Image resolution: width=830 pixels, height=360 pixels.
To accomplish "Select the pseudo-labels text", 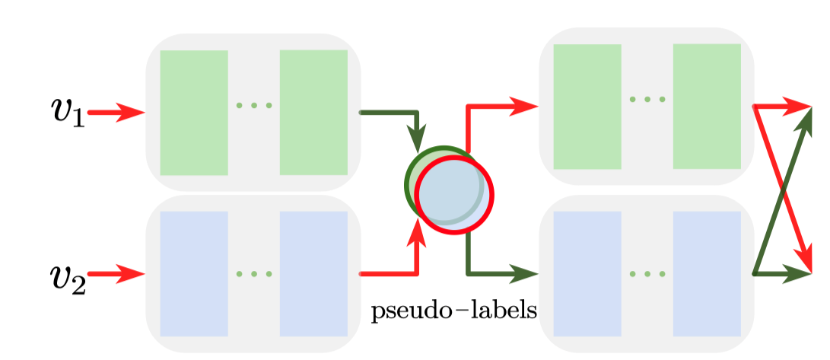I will (x=455, y=311).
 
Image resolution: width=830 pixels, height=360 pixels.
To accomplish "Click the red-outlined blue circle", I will (x=454, y=193).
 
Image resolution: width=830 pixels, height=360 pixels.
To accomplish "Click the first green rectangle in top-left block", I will (x=194, y=112).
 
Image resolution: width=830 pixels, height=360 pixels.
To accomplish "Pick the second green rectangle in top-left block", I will (x=313, y=112).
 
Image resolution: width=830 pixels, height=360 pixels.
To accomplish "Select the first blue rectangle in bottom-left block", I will (x=194, y=273).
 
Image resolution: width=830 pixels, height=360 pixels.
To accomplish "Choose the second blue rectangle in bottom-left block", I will (x=313, y=273).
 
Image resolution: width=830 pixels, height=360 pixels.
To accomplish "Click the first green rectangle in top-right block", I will (x=587, y=106).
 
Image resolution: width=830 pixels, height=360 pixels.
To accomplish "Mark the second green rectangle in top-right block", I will (x=707, y=106).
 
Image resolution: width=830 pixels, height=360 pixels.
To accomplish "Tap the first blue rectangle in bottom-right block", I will (x=587, y=273).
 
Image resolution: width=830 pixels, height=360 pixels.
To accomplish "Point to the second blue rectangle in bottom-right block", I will (x=707, y=273).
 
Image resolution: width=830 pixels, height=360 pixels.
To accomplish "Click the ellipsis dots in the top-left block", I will (x=254, y=105).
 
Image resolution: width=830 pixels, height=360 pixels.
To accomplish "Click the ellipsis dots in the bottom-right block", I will (x=647, y=273).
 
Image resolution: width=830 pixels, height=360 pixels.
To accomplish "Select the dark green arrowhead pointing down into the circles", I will (x=417, y=140).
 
